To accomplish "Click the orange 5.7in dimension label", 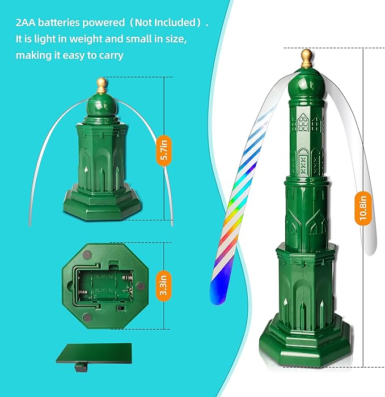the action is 164,151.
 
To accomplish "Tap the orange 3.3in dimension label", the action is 163,285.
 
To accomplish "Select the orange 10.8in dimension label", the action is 363,208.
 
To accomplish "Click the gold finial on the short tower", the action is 101,86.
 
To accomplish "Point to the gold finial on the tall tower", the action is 307,58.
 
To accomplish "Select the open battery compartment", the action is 104,285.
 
